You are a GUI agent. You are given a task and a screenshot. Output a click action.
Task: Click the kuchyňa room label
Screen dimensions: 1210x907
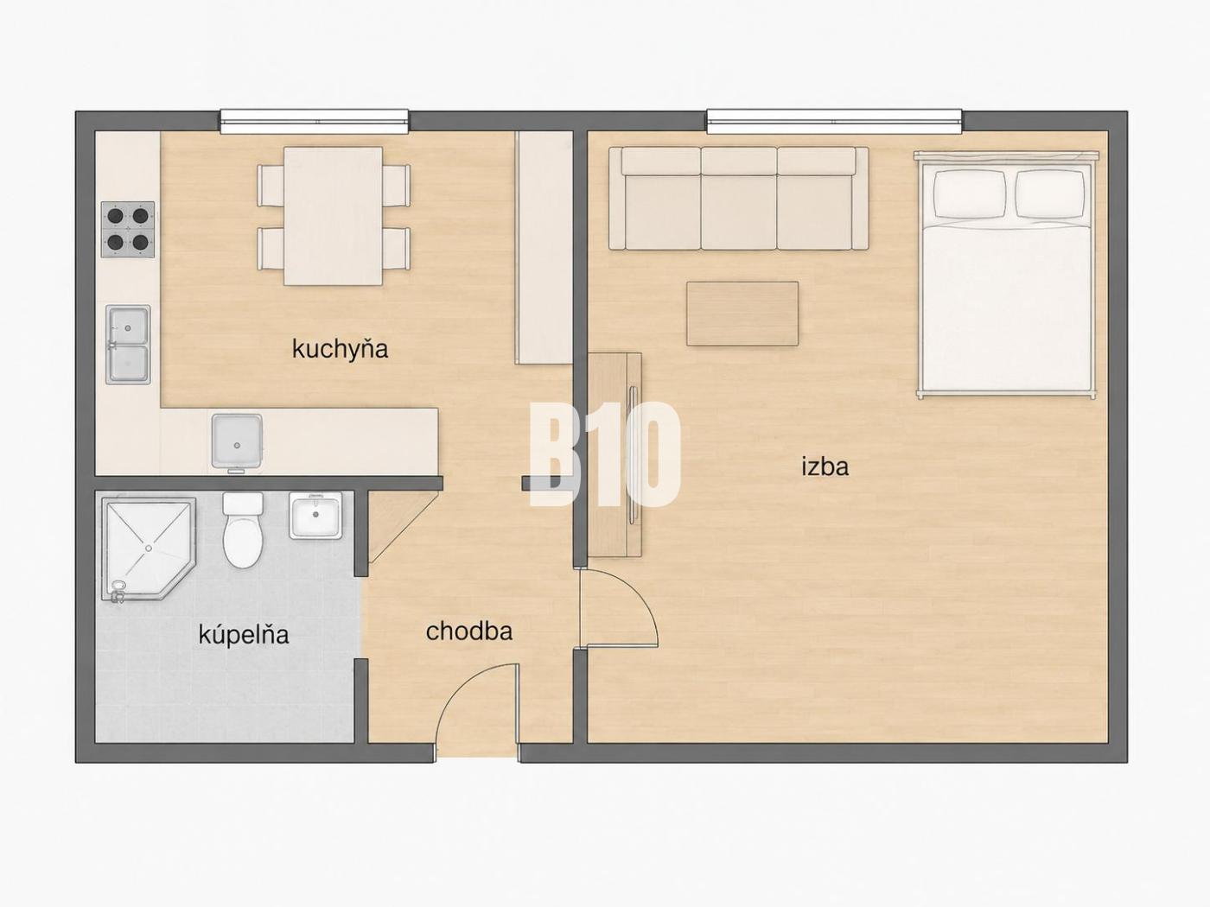(341, 350)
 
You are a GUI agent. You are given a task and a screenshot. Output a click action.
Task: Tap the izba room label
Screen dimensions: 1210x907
(825, 467)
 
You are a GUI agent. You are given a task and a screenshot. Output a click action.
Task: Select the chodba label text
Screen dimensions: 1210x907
(469, 631)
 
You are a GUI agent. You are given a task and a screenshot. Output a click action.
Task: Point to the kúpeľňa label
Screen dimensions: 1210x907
(244, 634)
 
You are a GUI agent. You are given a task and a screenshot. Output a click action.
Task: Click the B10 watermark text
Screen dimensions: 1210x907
(605, 454)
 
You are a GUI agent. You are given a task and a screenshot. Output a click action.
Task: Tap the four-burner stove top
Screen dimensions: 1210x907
(128, 229)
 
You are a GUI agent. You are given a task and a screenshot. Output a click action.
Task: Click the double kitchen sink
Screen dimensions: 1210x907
(128, 345)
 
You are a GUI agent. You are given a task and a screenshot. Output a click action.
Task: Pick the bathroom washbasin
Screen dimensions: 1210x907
(315, 516)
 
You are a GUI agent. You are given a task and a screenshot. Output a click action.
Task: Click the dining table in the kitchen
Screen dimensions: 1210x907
(333, 216)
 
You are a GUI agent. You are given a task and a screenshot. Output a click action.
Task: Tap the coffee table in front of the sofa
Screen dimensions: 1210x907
(742, 314)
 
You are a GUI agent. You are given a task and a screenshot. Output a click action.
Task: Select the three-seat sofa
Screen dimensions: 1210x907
(739, 199)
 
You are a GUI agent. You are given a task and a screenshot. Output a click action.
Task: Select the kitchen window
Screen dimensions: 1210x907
(315, 121)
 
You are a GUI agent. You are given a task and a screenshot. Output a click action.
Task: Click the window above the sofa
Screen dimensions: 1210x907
(835, 121)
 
